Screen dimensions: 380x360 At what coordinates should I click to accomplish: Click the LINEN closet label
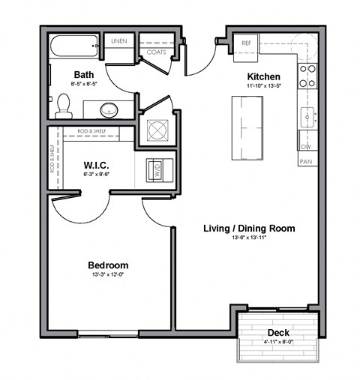pos(118,40)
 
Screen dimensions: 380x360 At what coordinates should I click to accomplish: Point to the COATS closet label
pos(156,52)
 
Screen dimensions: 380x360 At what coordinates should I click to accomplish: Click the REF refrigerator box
pos(246,43)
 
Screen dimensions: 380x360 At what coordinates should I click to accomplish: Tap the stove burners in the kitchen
pos(307,73)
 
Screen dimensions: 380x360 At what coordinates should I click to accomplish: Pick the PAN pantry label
pos(306,161)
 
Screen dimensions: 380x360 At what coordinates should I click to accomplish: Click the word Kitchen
pos(264,76)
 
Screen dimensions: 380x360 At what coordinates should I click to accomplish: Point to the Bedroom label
pos(108,265)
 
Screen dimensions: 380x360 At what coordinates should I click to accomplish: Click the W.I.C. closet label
pos(97,165)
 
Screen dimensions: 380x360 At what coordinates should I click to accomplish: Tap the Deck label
pos(277,333)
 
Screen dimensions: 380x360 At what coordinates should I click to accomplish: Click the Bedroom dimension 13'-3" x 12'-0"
pos(108,275)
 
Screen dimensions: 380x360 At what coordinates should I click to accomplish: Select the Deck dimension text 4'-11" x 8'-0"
pos(277,343)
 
